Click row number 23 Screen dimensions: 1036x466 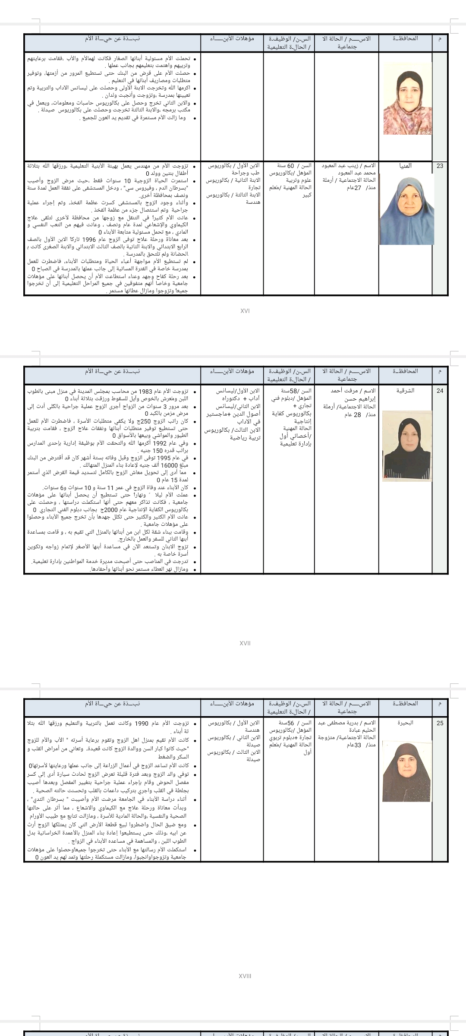click(440, 166)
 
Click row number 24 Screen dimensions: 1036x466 click(440, 391)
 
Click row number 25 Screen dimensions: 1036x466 click(440, 723)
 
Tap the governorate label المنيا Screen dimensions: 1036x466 click(405, 166)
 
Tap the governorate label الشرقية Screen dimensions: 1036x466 click(405, 391)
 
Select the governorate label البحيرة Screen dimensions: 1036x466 click(405, 723)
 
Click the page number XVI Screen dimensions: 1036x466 click(245, 311)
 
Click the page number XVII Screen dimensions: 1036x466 click(245, 643)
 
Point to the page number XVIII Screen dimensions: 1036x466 click(245, 976)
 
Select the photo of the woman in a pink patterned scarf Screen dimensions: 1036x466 click(407, 98)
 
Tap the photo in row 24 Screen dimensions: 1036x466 click(407, 445)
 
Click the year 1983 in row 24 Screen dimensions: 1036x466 click(154, 391)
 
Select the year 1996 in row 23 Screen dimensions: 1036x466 click(88, 240)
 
